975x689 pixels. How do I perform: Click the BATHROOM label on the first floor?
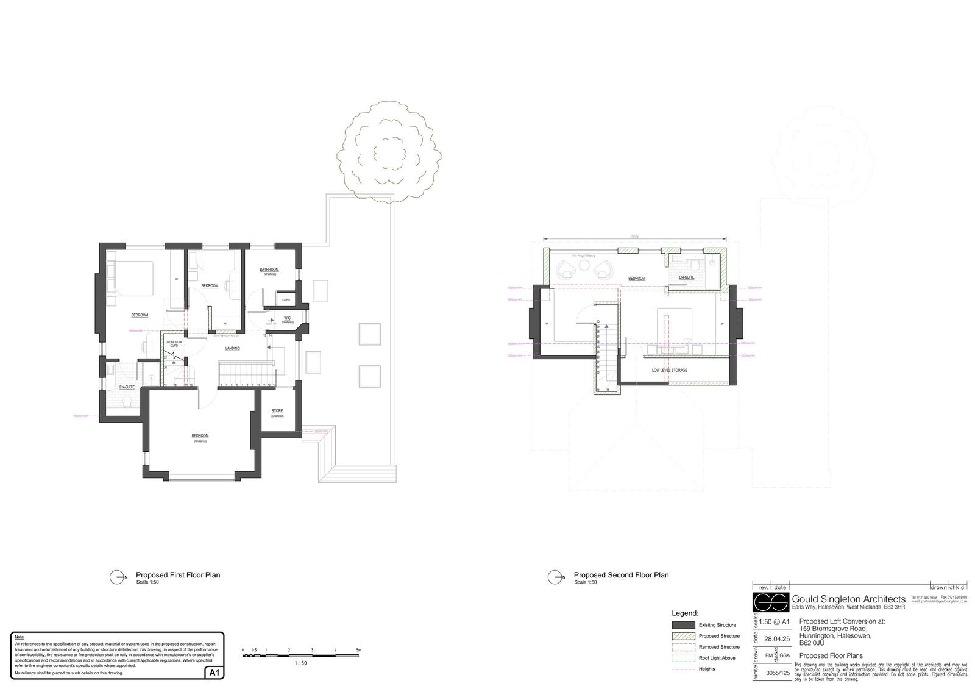tap(269, 270)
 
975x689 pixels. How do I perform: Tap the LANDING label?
tap(232, 349)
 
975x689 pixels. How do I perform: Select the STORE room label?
tap(277, 411)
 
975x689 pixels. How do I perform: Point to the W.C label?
tap(287, 318)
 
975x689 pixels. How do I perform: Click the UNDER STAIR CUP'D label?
tap(174, 344)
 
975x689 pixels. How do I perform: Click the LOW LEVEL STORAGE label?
tap(669, 370)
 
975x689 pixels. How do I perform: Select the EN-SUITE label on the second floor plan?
tap(687, 277)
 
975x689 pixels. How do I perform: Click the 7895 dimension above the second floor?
tap(636, 237)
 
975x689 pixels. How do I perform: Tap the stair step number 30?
tap(598, 321)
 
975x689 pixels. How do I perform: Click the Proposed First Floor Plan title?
tap(178, 574)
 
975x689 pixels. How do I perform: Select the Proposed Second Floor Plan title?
tap(621, 574)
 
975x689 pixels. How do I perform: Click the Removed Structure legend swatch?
tap(683, 647)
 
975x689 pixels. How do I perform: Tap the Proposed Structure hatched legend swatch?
tap(683, 636)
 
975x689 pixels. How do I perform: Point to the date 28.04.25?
tap(777, 639)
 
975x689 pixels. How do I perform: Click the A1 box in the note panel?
tap(214, 673)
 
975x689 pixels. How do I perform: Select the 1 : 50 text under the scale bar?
tap(300, 663)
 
